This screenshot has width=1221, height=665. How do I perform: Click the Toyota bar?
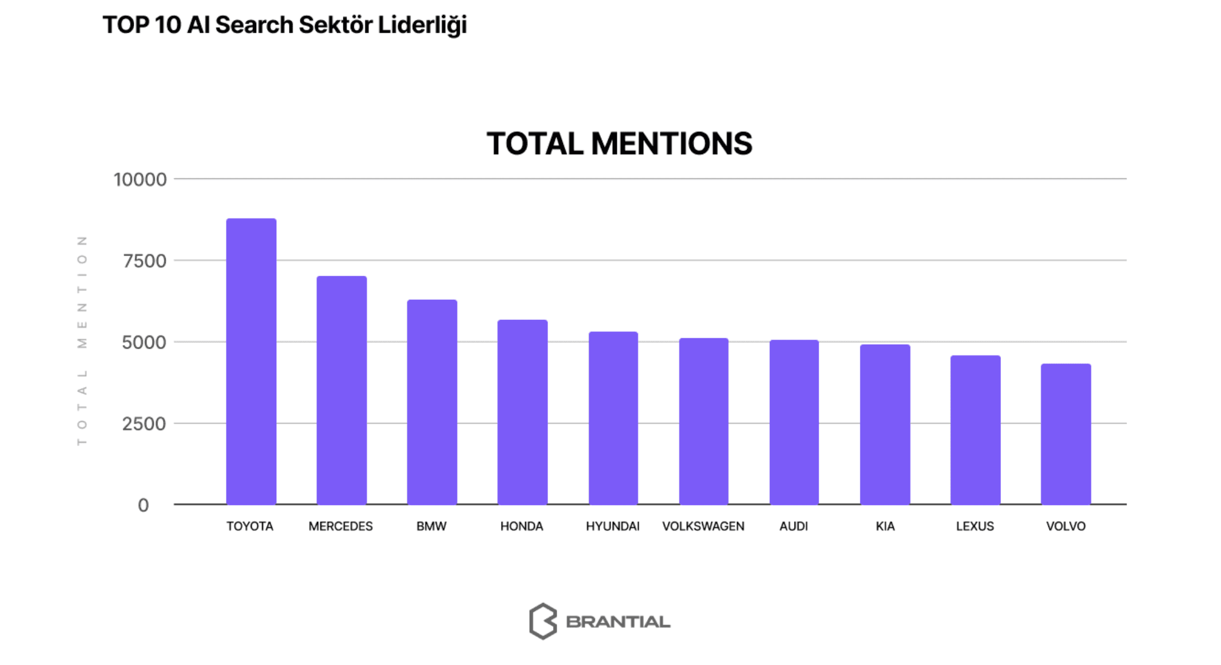(x=251, y=361)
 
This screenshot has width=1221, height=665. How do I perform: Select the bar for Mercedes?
(x=342, y=390)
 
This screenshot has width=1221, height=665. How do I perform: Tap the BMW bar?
(x=432, y=401)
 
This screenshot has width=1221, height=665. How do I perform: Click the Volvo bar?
(x=1066, y=434)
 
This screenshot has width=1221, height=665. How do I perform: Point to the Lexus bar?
(x=975, y=430)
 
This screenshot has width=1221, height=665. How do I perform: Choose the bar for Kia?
(x=885, y=424)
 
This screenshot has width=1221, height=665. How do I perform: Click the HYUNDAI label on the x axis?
(x=612, y=526)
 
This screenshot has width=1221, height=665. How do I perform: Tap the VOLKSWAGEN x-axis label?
(x=703, y=526)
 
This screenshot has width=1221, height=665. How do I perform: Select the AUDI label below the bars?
(x=793, y=526)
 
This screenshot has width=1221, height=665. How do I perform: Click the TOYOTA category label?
(x=250, y=526)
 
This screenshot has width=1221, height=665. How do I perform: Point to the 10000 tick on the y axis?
(x=140, y=179)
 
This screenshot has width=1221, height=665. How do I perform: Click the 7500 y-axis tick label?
(x=144, y=261)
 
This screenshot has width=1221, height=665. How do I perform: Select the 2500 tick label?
(x=144, y=424)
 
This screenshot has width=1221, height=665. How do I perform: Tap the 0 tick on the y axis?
(x=143, y=505)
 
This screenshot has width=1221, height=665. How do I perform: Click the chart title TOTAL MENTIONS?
(x=619, y=143)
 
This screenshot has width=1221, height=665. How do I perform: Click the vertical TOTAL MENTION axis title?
(x=82, y=341)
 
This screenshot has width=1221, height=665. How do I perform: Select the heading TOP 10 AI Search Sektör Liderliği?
(x=285, y=25)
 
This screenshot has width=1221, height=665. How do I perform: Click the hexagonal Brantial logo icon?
(x=542, y=621)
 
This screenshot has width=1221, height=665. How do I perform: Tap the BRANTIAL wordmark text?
(x=618, y=621)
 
